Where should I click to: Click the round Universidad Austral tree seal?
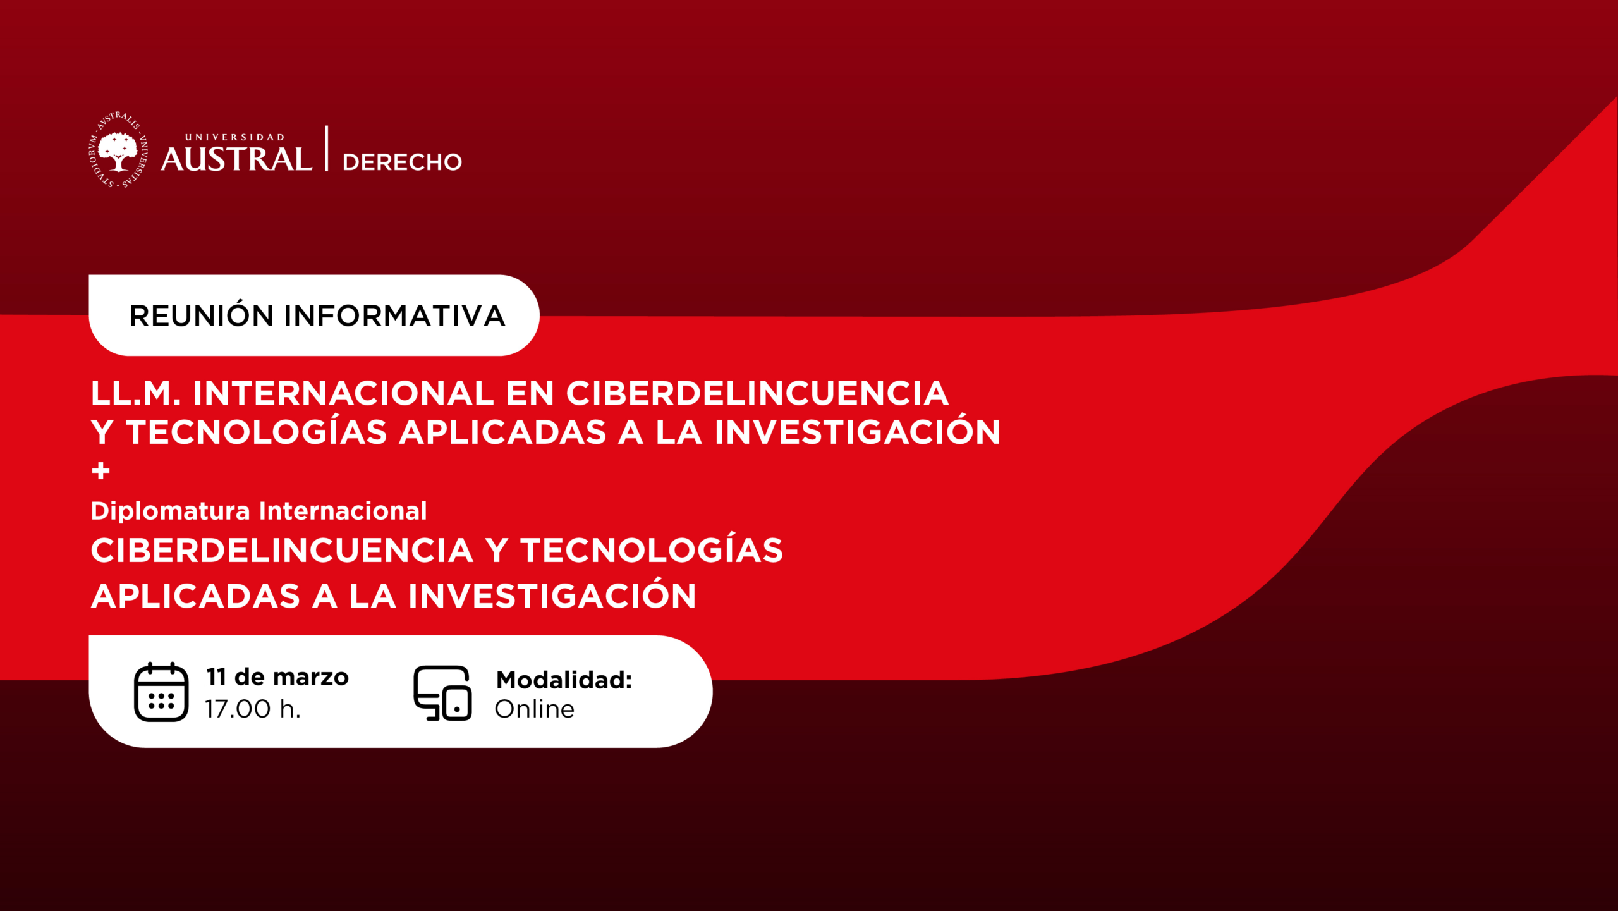pyautogui.click(x=118, y=150)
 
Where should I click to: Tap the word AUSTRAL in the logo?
pyautogui.click(x=236, y=159)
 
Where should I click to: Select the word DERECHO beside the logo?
pyautogui.click(x=402, y=162)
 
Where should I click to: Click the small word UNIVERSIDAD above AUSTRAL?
pyautogui.click(x=234, y=137)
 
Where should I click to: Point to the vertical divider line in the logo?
pyautogui.click(x=327, y=148)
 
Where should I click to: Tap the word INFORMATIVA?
pyautogui.click(x=394, y=315)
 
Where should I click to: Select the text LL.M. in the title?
pyautogui.click(x=136, y=393)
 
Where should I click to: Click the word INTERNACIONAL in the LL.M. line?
pyautogui.click(x=343, y=393)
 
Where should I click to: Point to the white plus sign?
pyautogui.click(x=100, y=471)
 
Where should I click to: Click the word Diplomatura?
pyautogui.click(x=171, y=511)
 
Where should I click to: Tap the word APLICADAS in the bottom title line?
pyautogui.click(x=195, y=596)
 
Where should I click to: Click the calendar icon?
pyautogui.click(x=161, y=692)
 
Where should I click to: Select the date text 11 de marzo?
pyautogui.click(x=277, y=677)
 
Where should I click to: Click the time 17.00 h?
pyautogui.click(x=253, y=709)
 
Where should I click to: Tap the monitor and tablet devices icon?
pyautogui.click(x=442, y=693)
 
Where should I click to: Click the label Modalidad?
pyautogui.click(x=564, y=680)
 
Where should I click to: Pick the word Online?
pyautogui.click(x=535, y=709)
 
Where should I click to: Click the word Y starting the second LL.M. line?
pyautogui.click(x=102, y=432)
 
